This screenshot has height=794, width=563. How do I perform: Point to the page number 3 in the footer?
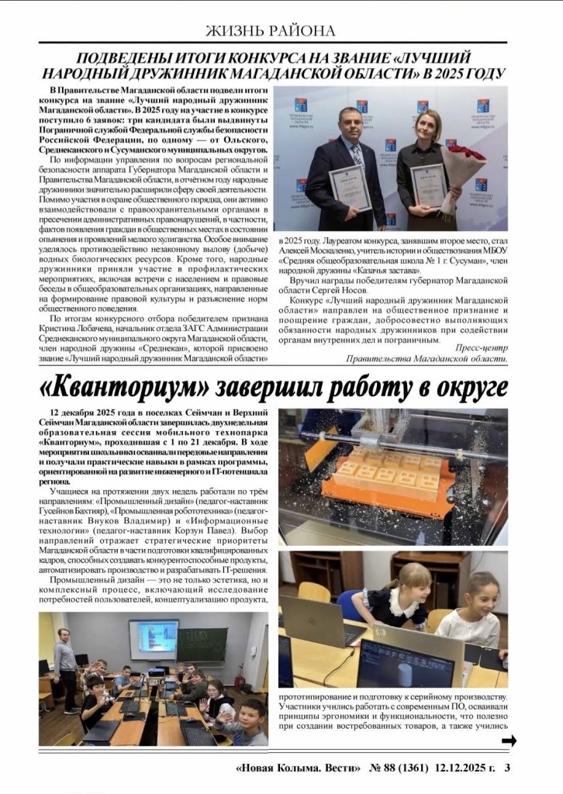click(x=507, y=769)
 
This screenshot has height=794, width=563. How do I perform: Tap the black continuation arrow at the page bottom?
click(x=509, y=741)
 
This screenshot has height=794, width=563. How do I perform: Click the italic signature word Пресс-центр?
click(x=482, y=347)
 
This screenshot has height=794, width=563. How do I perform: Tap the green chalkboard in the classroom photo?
click(x=202, y=644)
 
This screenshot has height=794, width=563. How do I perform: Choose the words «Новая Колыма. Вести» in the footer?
click(x=299, y=769)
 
